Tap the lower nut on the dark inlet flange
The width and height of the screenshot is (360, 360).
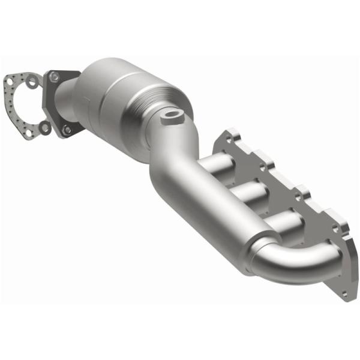67,130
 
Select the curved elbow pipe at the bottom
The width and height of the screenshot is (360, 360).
294,264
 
